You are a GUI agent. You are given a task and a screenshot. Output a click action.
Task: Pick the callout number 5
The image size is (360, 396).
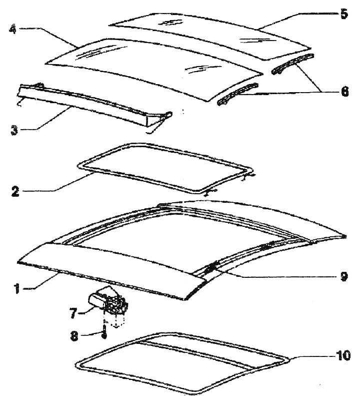pos(343,14)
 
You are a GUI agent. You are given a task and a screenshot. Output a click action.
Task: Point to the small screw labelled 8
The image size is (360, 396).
pos(103,333)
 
